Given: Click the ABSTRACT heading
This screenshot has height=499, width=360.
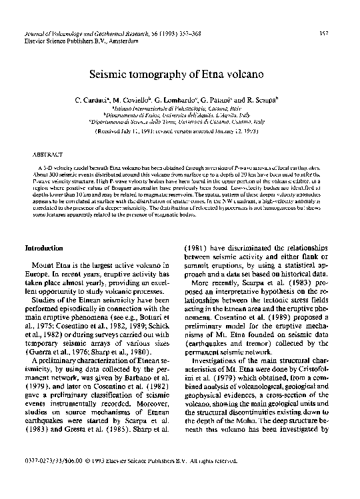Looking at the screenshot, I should [45, 153].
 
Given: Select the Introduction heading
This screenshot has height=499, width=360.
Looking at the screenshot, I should [44, 248].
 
